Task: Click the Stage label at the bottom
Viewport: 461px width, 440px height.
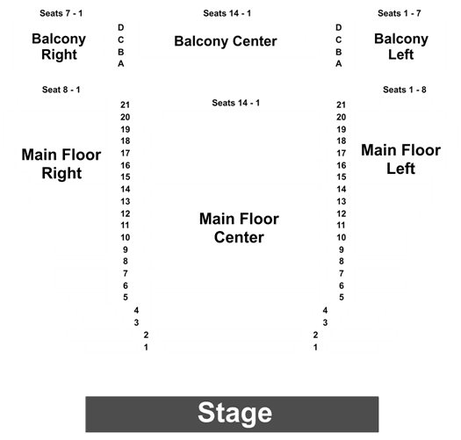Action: (235, 414)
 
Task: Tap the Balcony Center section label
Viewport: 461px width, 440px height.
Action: (226, 41)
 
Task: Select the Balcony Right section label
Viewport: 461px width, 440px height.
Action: (59, 47)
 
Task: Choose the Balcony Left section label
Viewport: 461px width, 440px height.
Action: (401, 47)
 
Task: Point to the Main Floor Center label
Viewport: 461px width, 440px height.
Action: (239, 228)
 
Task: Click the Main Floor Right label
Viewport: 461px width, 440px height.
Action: (61, 164)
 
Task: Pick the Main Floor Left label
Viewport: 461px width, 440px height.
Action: (400, 159)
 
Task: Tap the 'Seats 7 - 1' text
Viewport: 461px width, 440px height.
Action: (61, 13)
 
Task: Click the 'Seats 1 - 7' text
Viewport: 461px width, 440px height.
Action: (400, 13)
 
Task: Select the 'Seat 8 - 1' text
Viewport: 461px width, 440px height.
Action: (61, 90)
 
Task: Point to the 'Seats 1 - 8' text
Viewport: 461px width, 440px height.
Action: (405, 90)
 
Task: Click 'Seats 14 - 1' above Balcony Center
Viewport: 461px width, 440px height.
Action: (227, 13)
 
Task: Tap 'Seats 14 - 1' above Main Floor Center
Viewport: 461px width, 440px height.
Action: (236, 103)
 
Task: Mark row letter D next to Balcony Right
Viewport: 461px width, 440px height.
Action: (121, 27)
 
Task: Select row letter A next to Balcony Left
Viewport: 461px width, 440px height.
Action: (339, 63)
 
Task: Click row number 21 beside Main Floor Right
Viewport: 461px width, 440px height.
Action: (125, 105)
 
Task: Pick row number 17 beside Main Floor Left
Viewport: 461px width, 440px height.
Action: (342, 153)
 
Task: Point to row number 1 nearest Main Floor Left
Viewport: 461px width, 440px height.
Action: (315, 348)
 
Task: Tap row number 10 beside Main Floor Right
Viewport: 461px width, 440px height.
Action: (126, 237)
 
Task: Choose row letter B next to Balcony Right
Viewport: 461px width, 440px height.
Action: (121, 52)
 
